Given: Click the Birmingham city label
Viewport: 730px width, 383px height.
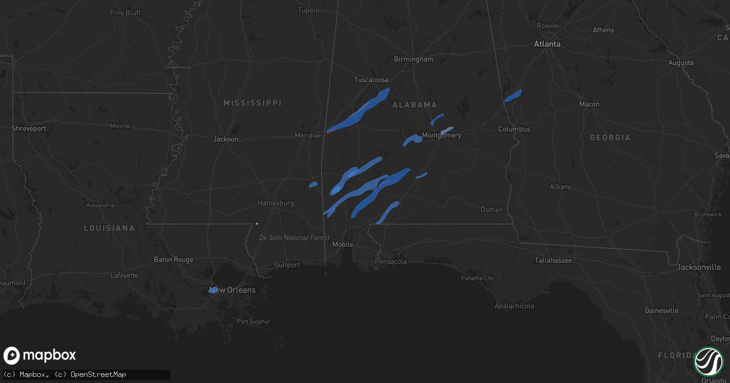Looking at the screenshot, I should tap(414, 60).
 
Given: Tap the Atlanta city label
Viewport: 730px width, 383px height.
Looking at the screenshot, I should tap(547, 44).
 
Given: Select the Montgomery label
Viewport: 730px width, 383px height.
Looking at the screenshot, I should tap(442, 136).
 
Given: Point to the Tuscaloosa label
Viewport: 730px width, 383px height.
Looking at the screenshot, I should tap(371, 80).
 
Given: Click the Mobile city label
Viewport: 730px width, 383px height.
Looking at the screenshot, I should tap(342, 244).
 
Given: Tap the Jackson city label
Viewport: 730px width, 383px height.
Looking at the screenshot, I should tap(226, 139).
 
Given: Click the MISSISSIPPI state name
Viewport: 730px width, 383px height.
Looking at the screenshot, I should tap(252, 103).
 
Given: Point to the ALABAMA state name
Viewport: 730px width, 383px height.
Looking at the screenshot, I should tap(415, 105).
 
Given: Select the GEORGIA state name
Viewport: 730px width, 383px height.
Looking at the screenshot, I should tap(610, 138).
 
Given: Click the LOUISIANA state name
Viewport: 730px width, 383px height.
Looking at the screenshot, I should tap(109, 228).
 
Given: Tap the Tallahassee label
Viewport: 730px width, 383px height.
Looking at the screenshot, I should tap(553, 260).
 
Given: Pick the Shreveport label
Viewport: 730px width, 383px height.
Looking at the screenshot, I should tap(29, 129).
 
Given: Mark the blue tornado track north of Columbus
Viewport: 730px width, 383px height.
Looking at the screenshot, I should tap(513, 95).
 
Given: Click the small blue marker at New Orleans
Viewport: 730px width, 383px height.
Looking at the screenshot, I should tap(212, 290).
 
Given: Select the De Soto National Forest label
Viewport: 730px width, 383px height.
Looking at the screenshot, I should tap(294, 238).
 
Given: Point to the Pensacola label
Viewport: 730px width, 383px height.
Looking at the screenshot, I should tap(391, 261).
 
